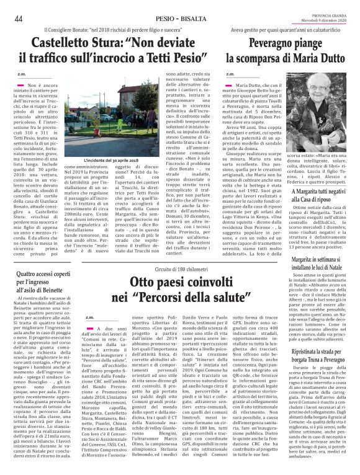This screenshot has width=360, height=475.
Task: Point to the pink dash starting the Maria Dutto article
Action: click(x=230, y=82)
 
